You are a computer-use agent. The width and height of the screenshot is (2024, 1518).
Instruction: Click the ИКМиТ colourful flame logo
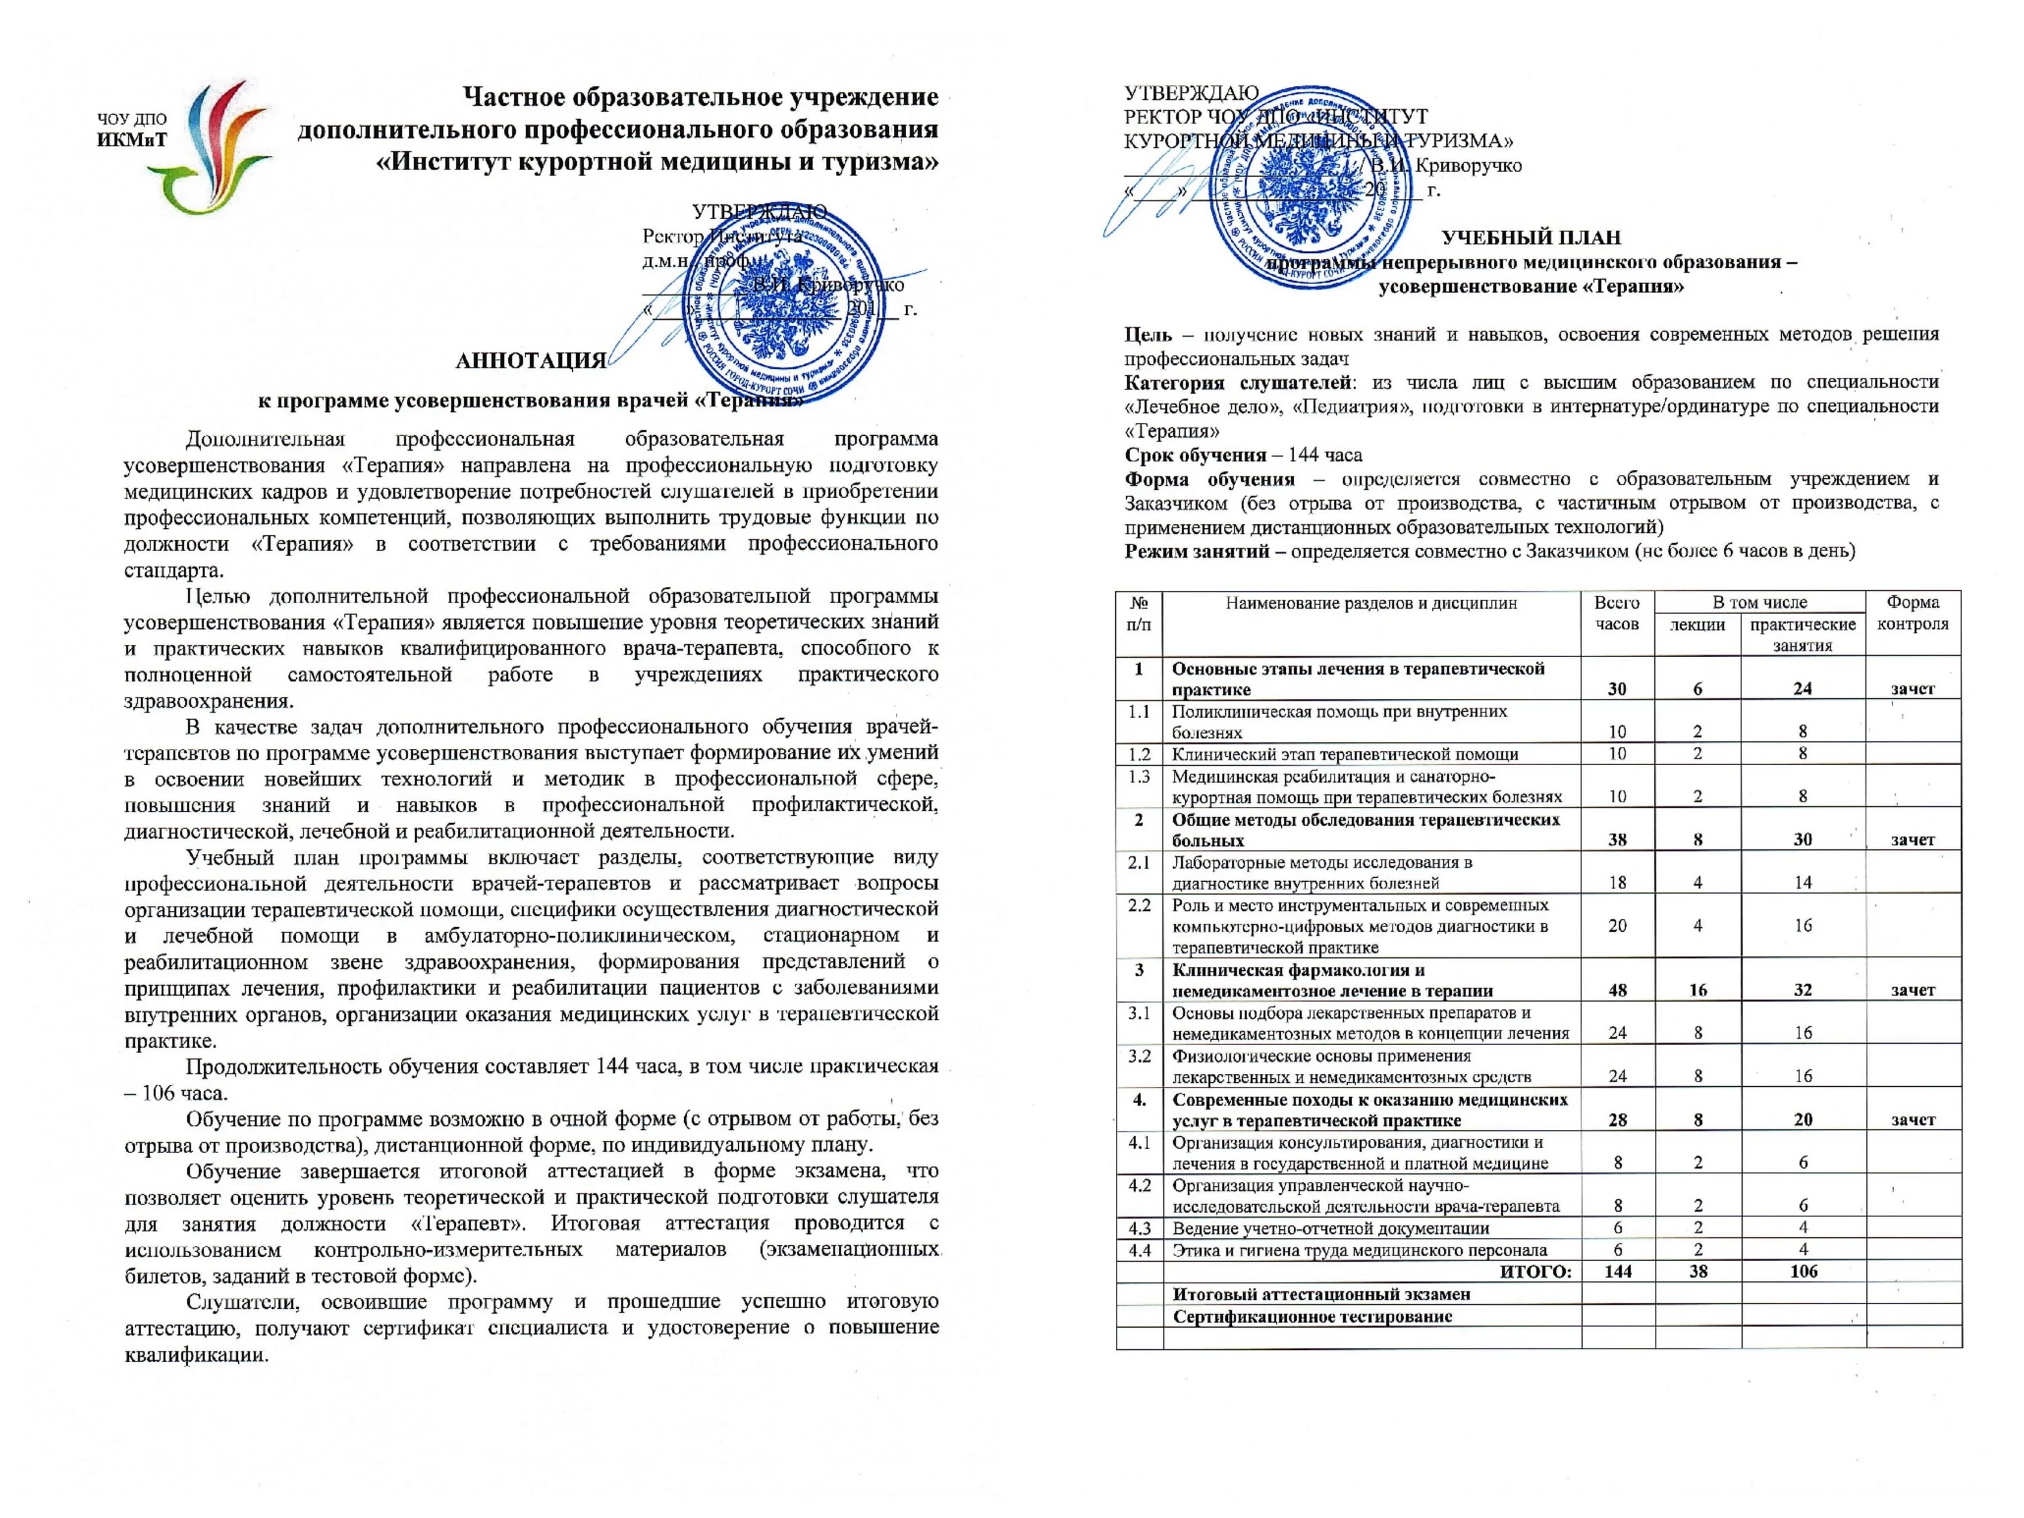coord(216,146)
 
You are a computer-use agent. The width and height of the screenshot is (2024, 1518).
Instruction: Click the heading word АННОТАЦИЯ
coord(531,360)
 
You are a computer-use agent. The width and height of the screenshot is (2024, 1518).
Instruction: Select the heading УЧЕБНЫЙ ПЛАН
coord(1531,238)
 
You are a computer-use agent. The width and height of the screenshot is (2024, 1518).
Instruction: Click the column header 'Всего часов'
coord(1617,613)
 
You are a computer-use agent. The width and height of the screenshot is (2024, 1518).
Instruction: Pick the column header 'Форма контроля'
coord(1913,613)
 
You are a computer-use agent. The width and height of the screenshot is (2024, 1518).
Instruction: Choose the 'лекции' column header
coord(1697,625)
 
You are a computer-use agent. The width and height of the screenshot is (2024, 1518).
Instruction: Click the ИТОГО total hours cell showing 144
coord(1618,1271)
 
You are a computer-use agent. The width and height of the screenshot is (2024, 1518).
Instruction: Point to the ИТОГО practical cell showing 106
coord(1803,1271)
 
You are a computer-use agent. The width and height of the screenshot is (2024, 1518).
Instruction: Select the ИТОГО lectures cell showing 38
coord(1698,1271)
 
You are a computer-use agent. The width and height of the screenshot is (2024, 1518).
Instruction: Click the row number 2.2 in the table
coord(1140,905)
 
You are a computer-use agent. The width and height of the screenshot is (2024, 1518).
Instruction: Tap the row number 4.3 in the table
coord(1140,1228)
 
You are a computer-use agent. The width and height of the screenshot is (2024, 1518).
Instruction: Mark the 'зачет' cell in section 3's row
coord(1913,990)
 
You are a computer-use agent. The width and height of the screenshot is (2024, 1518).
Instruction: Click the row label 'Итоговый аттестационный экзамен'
coord(1321,1294)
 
